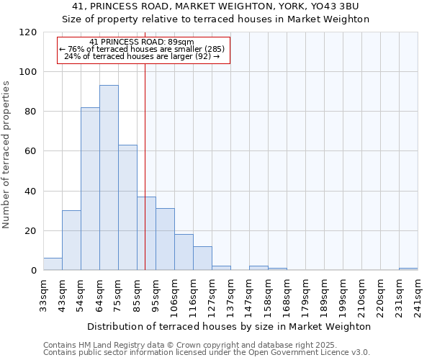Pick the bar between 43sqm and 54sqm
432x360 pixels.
(71, 240)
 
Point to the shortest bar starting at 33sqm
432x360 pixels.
(53, 264)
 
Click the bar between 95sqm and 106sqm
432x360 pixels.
(165, 240)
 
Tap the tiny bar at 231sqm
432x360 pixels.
(408, 269)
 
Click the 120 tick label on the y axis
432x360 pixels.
(28, 32)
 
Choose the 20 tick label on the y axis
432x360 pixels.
(31, 231)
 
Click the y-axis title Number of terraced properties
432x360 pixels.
(7, 155)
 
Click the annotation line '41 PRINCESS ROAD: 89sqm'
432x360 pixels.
(142, 42)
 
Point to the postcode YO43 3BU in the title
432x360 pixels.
(338, 6)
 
